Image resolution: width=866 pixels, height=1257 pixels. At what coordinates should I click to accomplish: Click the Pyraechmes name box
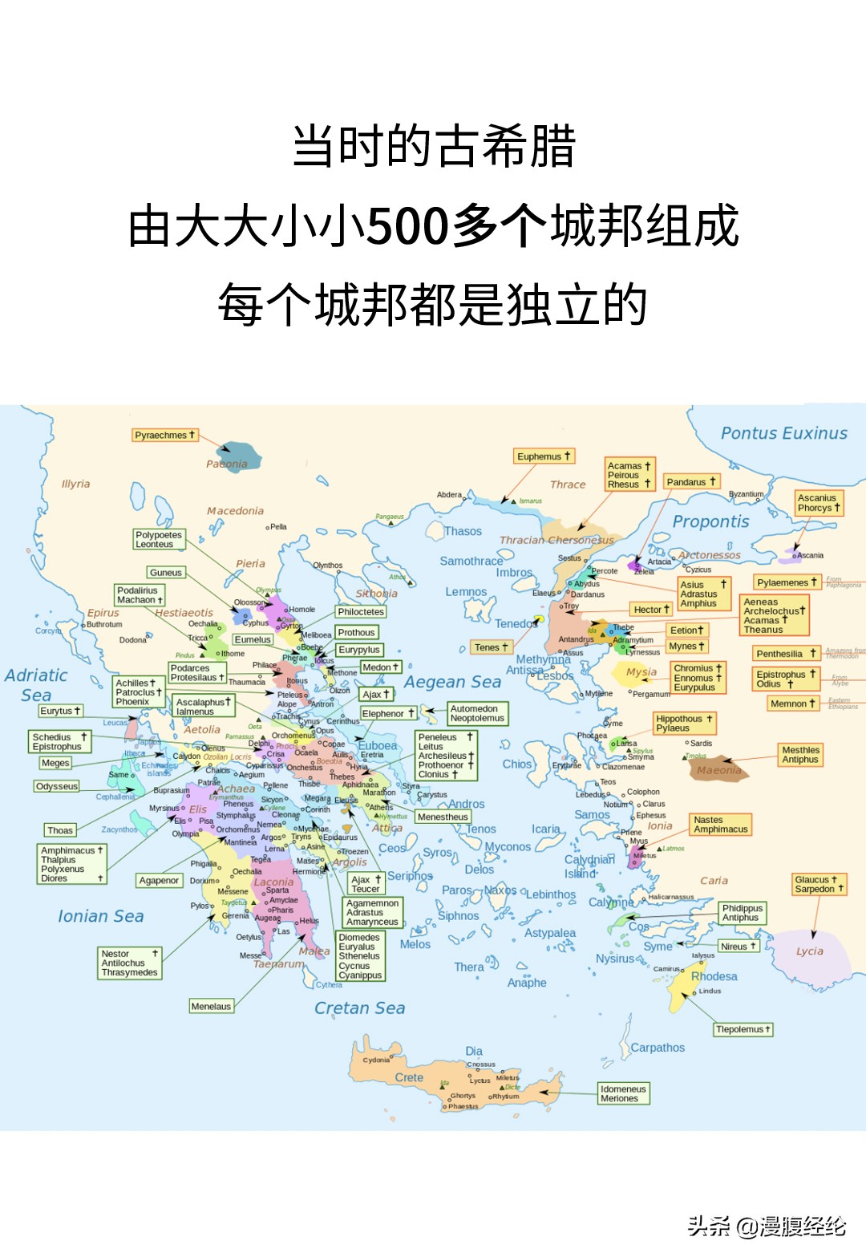[x=164, y=435]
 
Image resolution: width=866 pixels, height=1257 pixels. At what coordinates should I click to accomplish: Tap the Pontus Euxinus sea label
[x=783, y=433]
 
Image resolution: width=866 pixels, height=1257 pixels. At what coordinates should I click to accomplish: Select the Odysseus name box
[x=57, y=786]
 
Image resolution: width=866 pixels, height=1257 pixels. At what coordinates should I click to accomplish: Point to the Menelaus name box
[x=211, y=1006]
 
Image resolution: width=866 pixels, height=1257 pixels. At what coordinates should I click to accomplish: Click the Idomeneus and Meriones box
[x=623, y=1093]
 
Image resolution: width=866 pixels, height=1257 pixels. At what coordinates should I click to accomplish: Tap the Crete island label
[x=409, y=1077]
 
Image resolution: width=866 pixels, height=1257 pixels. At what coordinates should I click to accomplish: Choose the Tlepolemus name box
[x=743, y=1029]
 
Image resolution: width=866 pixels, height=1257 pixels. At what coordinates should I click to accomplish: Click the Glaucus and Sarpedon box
[x=819, y=884]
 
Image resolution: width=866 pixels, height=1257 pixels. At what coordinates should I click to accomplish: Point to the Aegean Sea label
[x=452, y=682]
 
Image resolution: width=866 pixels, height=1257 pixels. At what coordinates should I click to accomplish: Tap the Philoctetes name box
[x=361, y=611]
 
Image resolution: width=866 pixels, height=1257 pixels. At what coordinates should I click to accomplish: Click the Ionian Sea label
[x=100, y=916]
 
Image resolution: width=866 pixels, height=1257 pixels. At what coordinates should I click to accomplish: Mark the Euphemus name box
[x=544, y=456]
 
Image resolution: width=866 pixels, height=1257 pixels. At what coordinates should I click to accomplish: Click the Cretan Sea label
[x=359, y=1008]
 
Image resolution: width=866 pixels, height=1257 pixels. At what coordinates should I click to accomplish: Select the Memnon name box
[x=792, y=704]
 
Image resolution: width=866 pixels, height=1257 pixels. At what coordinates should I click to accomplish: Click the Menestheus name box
[x=443, y=817]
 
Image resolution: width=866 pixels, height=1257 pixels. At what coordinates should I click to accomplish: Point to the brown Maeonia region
[x=718, y=768]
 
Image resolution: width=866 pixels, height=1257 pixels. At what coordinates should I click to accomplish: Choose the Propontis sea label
[x=710, y=521]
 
